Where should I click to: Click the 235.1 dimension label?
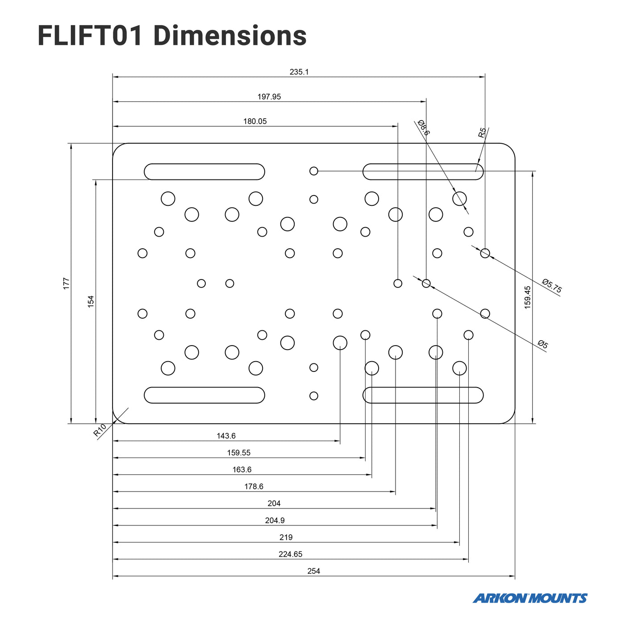tap(299, 72)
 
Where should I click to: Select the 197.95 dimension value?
tap(269, 97)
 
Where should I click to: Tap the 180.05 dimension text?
tap(255, 121)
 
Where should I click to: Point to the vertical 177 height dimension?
tap(66, 283)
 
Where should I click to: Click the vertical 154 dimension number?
tap(91, 301)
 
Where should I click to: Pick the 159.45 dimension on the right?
tap(528, 297)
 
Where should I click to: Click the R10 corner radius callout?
tap(100, 430)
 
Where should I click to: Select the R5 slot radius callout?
tap(482, 133)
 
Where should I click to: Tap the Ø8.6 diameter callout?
tap(424, 128)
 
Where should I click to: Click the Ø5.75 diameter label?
tap(552, 286)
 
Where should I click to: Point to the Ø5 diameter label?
tap(543, 344)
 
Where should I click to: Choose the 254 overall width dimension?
tap(314, 571)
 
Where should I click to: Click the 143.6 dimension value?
tap(226, 436)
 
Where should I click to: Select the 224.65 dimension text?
tap(291, 554)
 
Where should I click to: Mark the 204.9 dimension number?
tap(275, 521)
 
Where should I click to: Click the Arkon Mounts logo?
tap(530, 598)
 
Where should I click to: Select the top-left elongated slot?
tap(204, 172)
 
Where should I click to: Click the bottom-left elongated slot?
tap(204, 395)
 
